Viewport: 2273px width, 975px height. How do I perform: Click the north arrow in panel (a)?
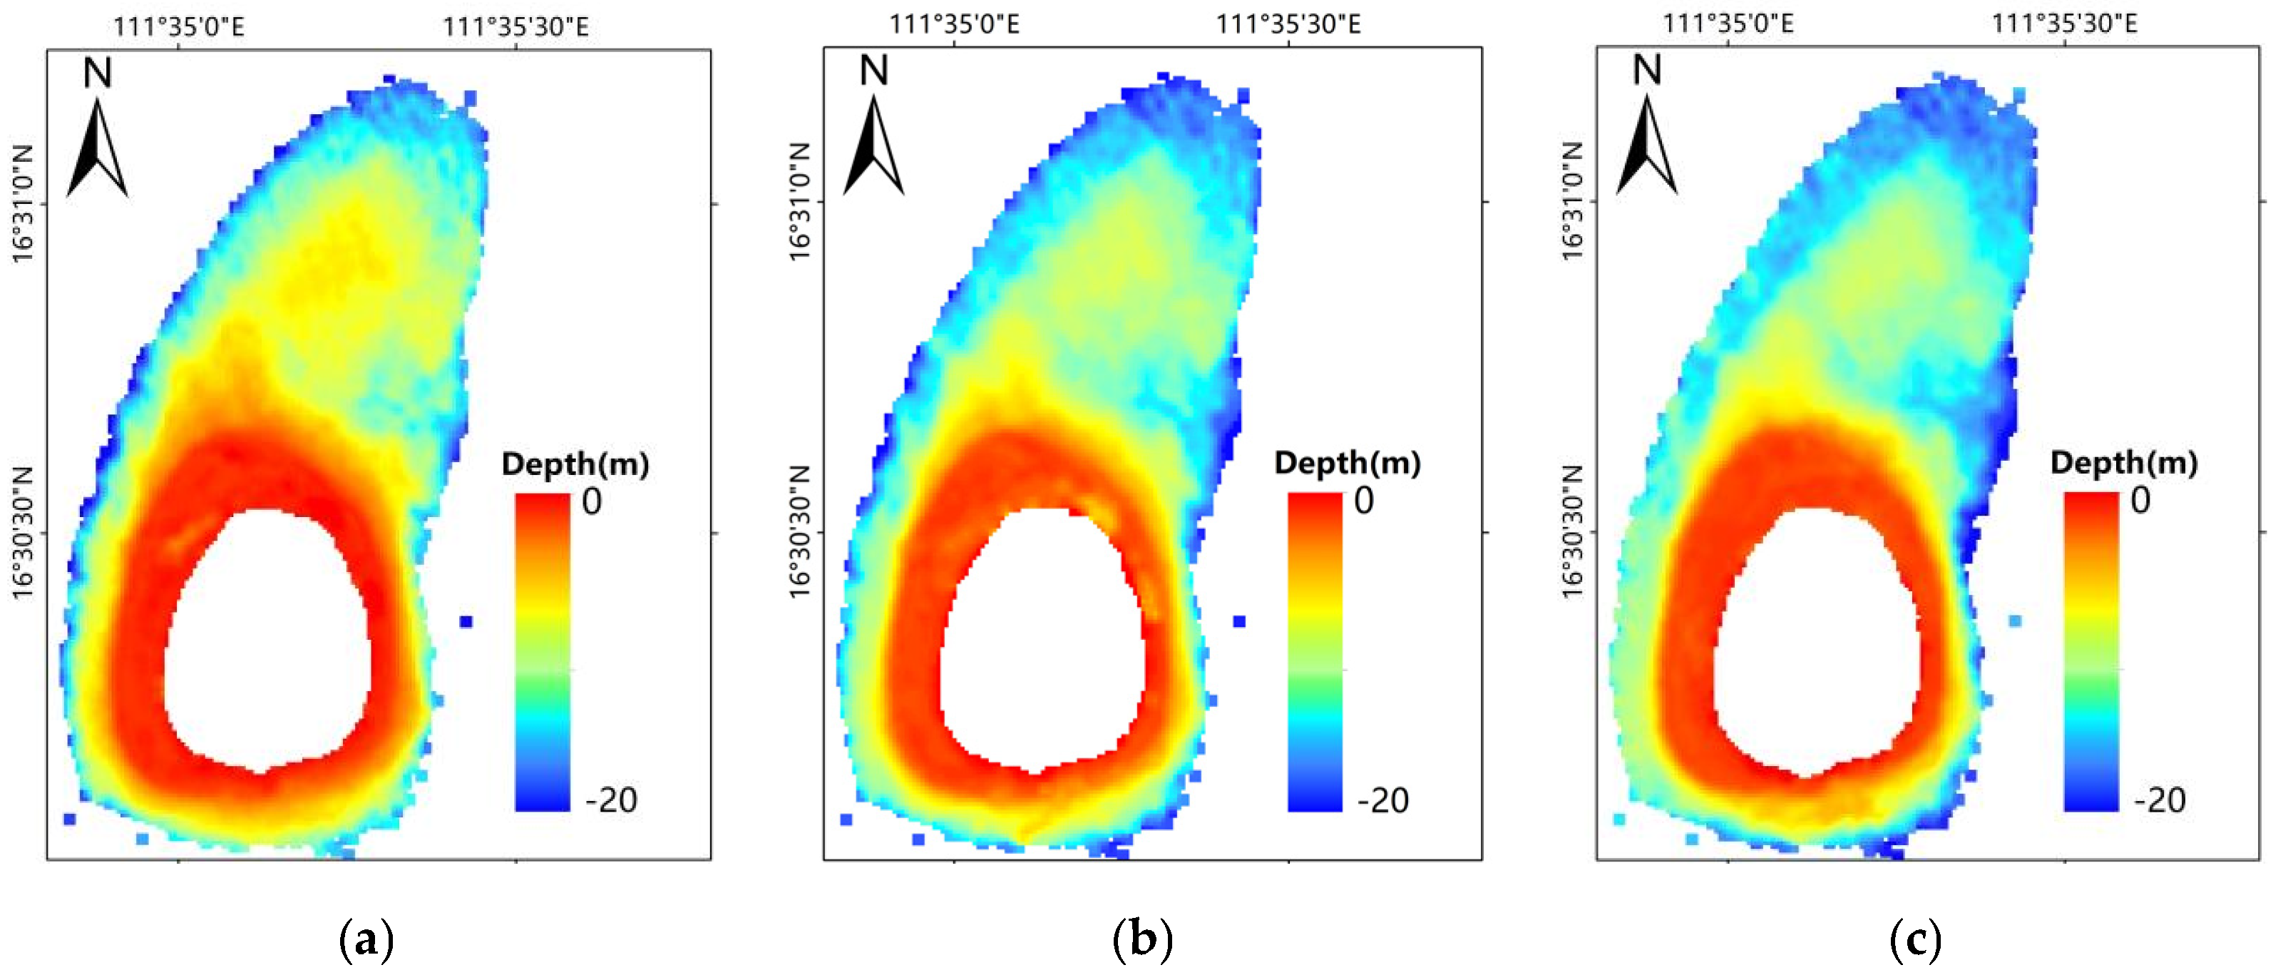97,148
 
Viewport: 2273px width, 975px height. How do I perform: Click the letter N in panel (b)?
873,71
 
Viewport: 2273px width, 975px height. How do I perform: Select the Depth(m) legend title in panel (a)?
575,464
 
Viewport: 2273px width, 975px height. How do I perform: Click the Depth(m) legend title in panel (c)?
2124,462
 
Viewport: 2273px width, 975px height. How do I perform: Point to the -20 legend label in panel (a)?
610,800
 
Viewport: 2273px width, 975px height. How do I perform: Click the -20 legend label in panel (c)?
2159,800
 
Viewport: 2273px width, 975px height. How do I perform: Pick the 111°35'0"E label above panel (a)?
178,26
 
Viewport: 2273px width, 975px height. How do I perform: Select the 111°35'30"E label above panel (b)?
1288,24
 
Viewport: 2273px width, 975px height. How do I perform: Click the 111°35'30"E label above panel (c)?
2064,24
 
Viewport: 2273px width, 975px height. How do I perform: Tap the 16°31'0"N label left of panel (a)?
23,204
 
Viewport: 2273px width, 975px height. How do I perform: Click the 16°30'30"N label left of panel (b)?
799,533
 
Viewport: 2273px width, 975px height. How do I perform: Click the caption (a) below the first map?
366,940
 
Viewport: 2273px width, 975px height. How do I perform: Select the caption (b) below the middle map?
1143,940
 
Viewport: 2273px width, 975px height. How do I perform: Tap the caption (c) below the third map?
1916,940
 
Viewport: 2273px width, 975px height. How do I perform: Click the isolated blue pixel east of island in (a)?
466,622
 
